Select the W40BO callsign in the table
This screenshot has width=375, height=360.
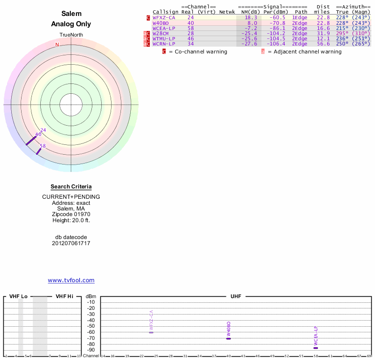pyautogui.click(x=161, y=22)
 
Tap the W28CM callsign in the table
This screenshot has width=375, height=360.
pyautogui.click(x=161, y=33)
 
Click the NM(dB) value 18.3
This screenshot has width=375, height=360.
pyautogui.click(x=251, y=17)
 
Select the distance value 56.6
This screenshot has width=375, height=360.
pyautogui.click(x=323, y=44)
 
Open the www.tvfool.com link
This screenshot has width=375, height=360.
pyautogui.click(x=71, y=280)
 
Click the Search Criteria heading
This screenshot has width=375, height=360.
pyautogui.click(x=71, y=187)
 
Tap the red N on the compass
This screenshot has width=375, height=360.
pyautogui.click(x=57, y=45)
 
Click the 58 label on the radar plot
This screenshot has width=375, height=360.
pyautogui.click(x=43, y=146)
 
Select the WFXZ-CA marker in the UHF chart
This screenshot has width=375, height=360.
pyautogui.click(x=151, y=332)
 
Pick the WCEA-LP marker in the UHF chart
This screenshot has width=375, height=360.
pyautogui.click(x=315, y=348)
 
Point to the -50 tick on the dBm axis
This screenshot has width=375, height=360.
pyautogui.click(x=91, y=326)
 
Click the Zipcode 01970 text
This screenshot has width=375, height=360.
pyautogui.click(x=71, y=214)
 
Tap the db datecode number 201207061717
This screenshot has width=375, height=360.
pyautogui.click(x=71, y=243)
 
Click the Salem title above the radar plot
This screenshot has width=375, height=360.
pyautogui.click(x=71, y=14)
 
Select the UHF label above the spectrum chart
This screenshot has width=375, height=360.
pyautogui.click(x=235, y=296)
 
